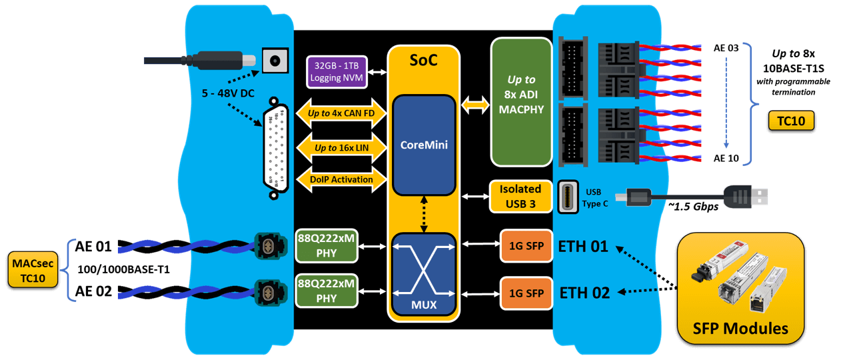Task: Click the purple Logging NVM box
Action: (337, 72)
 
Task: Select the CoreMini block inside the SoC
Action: (424, 145)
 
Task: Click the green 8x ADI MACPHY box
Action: (521, 101)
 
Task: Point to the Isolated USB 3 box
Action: (521, 197)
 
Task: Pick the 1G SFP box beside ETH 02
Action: (526, 293)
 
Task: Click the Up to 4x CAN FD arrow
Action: (341, 113)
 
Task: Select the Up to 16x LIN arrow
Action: (341, 147)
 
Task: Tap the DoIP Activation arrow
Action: (341, 179)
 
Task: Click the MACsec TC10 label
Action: (33, 270)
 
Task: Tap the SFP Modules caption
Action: (740, 328)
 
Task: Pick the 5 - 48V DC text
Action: (229, 93)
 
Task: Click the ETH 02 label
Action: (584, 293)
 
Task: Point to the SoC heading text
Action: (424, 61)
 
